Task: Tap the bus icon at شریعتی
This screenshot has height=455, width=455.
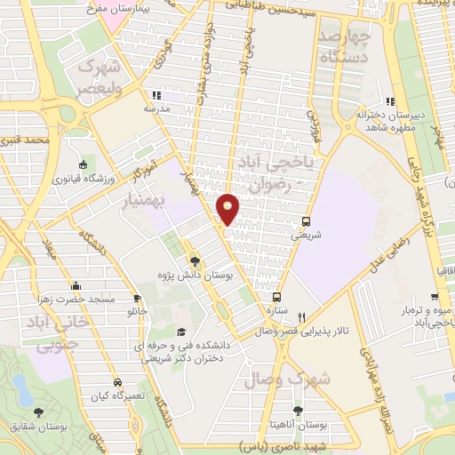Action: pos(307,221)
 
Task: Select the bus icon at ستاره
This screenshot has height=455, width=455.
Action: pos(277,298)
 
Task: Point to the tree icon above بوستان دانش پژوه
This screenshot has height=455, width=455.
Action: pos(196,260)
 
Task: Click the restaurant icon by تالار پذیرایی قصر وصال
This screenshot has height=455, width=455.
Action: pos(302,317)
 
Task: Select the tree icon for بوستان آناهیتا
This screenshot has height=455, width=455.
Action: pos(297,411)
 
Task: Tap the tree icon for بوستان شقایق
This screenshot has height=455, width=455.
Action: pos(38,411)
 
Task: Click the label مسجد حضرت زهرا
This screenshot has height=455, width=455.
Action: pos(78,299)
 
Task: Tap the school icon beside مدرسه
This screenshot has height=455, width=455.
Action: pos(156,95)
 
